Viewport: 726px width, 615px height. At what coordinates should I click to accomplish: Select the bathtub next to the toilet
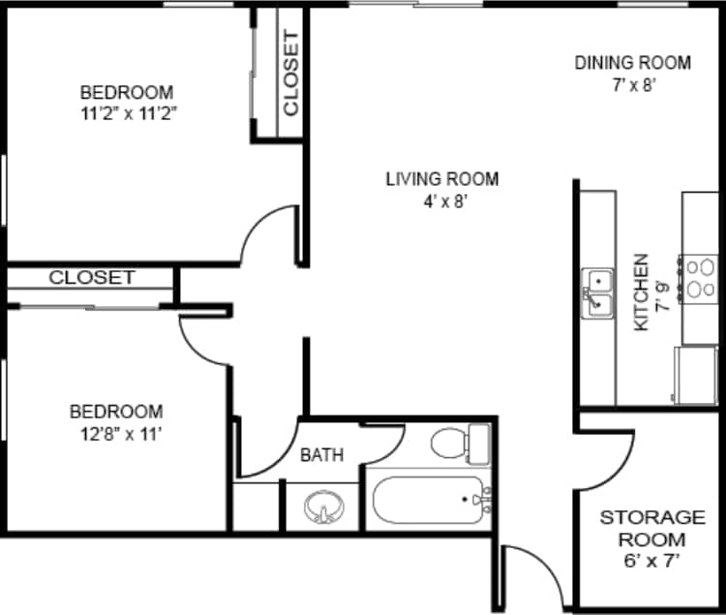click(x=429, y=500)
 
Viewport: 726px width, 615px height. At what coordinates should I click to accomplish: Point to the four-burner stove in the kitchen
click(x=697, y=278)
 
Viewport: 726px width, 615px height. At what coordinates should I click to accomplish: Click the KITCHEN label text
click(x=641, y=292)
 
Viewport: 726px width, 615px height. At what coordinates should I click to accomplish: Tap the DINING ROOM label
click(x=633, y=63)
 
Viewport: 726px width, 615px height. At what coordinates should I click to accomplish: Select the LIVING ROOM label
click(x=442, y=178)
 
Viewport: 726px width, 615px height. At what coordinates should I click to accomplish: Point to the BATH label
click(x=321, y=454)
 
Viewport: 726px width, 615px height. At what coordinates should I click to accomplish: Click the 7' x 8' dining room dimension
click(x=633, y=85)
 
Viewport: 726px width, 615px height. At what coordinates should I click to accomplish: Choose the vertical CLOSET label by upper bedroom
click(x=291, y=76)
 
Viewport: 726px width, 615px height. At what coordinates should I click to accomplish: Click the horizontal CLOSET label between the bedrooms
click(x=92, y=278)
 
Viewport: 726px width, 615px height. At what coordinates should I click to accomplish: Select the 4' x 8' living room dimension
click(x=442, y=201)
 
